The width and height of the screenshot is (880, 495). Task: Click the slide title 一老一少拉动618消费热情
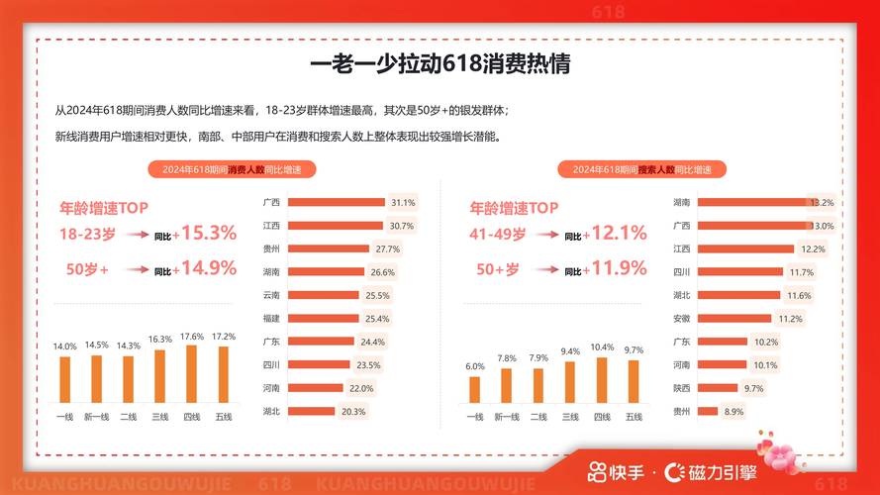[x=440, y=66]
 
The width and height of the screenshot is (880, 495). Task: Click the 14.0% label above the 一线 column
[x=64, y=346]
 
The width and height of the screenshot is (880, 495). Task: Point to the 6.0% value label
[x=475, y=365]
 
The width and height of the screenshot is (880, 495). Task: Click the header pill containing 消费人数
[x=232, y=169]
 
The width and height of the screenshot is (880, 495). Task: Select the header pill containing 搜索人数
[x=641, y=169]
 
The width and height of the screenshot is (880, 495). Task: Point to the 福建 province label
[x=270, y=318]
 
